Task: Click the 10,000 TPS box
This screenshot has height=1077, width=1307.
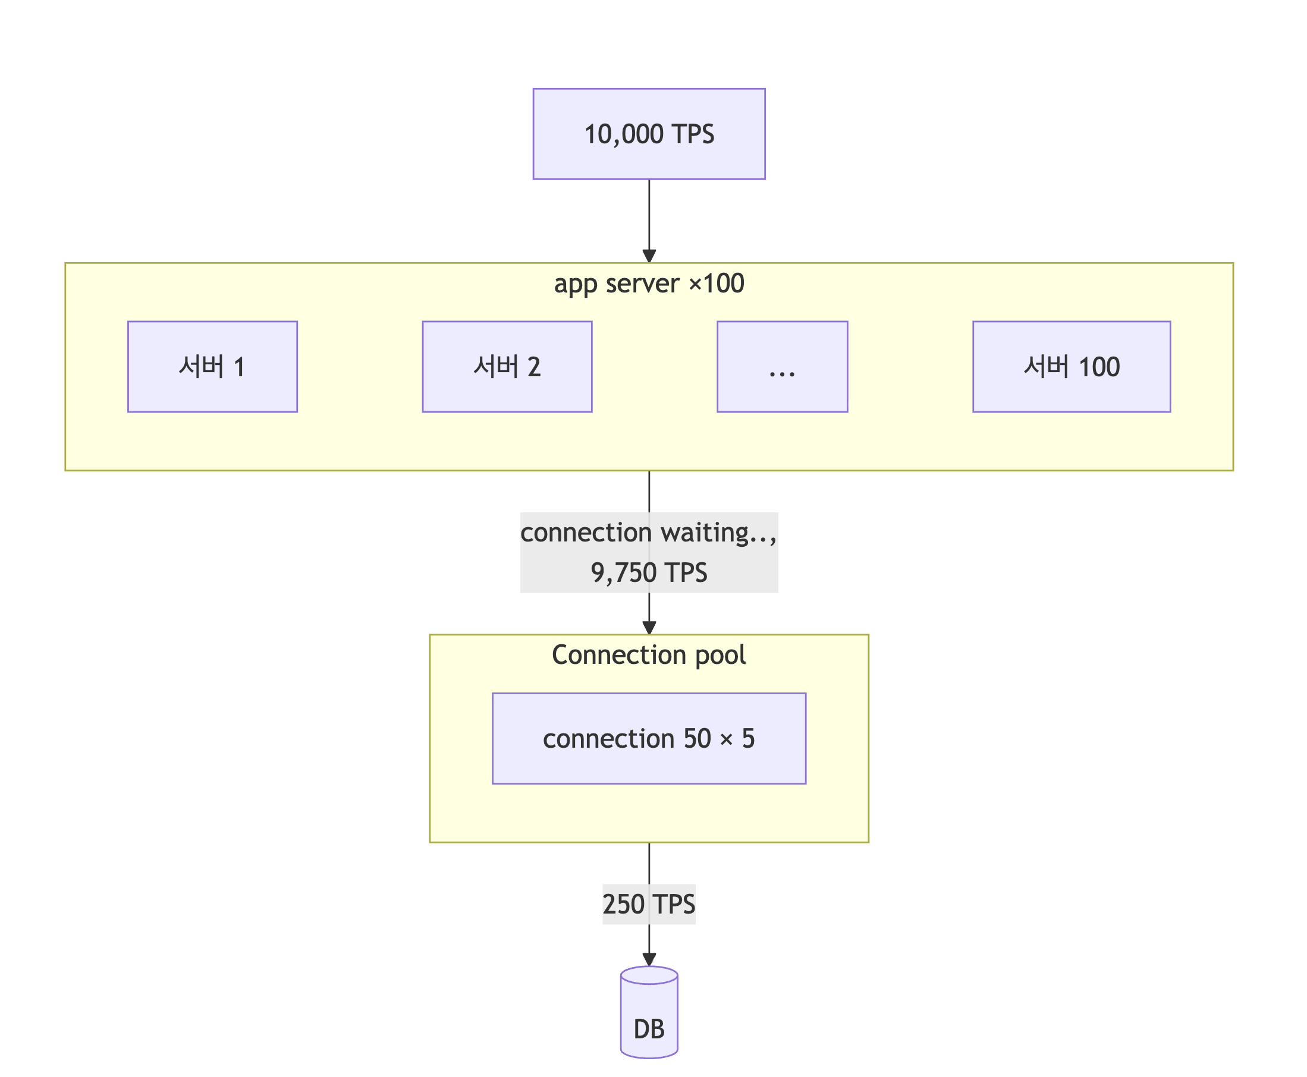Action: [649, 134]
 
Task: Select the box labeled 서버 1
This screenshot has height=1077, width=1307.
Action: [212, 367]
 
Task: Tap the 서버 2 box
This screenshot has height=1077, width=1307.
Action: [507, 367]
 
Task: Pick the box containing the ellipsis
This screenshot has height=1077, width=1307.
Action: [782, 367]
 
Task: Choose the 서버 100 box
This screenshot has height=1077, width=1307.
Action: [1071, 367]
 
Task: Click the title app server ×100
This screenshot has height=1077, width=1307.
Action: [649, 284]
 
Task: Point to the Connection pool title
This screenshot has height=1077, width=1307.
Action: [649, 655]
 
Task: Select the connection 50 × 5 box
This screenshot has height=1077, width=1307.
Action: [649, 738]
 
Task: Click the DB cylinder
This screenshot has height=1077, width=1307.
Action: [649, 1012]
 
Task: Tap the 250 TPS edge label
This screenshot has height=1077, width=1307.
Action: [649, 905]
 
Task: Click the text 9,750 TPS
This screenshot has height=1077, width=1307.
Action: [649, 572]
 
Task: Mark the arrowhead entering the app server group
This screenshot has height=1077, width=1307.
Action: [649, 256]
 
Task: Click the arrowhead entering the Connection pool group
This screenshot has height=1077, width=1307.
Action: [649, 628]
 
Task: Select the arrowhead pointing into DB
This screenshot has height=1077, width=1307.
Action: [649, 960]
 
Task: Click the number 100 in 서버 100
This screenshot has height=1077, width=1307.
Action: [1099, 367]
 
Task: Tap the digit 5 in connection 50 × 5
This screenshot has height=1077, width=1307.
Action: [748, 739]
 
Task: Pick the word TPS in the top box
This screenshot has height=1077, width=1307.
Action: [693, 134]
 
